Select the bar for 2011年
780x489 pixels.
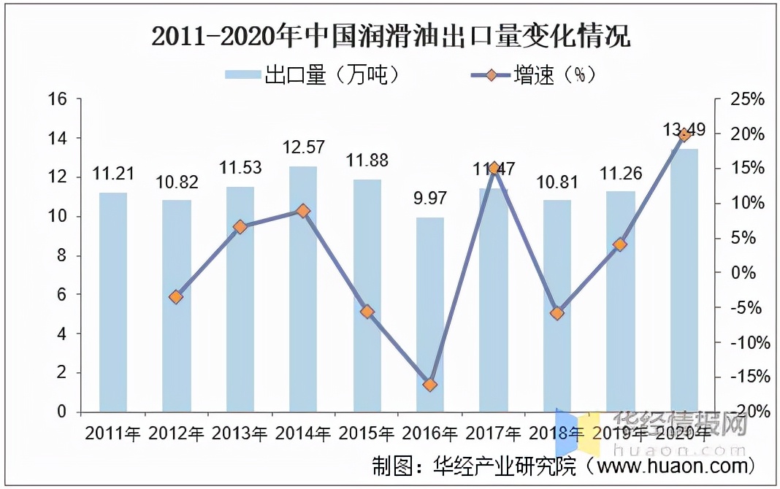click(x=113, y=302)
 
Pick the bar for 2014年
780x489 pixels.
click(x=303, y=289)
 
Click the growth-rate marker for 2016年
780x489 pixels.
click(x=430, y=385)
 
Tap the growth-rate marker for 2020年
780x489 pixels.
click(x=684, y=134)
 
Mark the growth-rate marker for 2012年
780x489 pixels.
click(x=176, y=297)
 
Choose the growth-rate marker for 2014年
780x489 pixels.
click(x=303, y=211)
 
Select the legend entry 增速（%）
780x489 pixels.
click(x=538, y=74)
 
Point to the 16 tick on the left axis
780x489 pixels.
click(x=58, y=99)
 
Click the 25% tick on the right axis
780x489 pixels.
click(x=748, y=100)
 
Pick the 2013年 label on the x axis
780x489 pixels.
click(x=240, y=434)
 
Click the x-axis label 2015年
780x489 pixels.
click(x=367, y=434)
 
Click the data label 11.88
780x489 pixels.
click(x=367, y=161)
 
